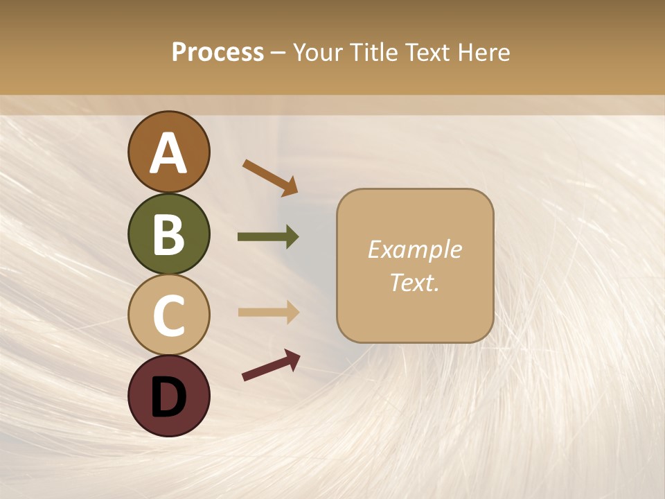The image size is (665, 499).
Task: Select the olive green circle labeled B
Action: point(168,234)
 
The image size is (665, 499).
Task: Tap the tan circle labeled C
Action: point(168,315)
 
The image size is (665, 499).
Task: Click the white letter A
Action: point(168,153)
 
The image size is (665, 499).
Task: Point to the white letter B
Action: point(168,235)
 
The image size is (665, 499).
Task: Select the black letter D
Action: point(168,398)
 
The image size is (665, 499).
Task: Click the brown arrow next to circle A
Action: point(269,177)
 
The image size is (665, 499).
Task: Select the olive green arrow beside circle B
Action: point(268,237)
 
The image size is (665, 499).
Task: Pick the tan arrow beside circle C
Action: point(268,313)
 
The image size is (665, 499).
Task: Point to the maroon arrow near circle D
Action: point(271,365)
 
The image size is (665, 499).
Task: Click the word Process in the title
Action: point(218,53)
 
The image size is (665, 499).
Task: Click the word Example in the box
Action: point(414,249)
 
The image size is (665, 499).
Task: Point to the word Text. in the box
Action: point(414,282)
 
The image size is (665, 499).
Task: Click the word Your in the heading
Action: point(318,53)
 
